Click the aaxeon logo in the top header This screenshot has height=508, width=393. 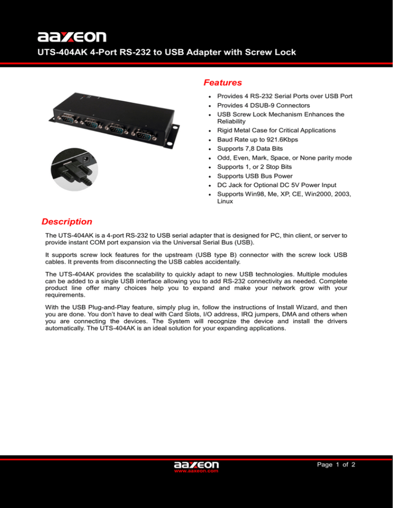pos(72,36)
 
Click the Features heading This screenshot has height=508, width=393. pos(223,82)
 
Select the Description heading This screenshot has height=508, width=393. pos(67,222)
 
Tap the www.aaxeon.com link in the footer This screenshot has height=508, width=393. pos(196,472)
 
